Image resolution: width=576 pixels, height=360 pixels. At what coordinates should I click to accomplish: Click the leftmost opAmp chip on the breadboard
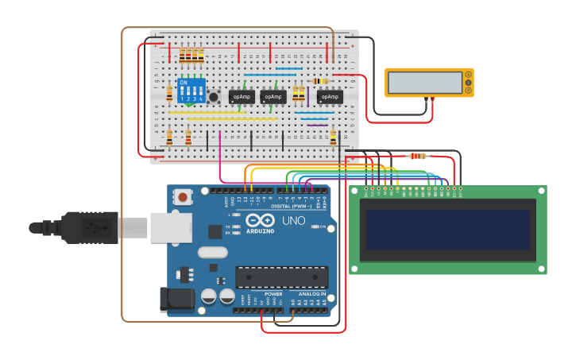tap(242, 96)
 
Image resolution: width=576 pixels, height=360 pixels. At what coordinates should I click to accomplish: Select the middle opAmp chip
tap(273, 96)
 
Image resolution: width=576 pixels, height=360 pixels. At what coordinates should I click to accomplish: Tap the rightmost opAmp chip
tap(330, 96)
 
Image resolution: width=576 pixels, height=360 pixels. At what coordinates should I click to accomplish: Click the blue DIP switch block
tap(191, 91)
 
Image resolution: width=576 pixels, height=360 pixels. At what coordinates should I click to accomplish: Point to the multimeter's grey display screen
tap(424, 83)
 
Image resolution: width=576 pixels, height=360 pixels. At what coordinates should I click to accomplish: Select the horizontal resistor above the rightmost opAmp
tap(320, 81)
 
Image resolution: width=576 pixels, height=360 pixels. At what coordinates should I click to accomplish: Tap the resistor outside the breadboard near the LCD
tap(418, 156)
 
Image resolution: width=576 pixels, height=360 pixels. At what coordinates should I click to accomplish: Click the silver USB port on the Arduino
tap(171, 227)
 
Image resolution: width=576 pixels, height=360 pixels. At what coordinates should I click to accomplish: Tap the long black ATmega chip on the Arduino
tap(281, 277)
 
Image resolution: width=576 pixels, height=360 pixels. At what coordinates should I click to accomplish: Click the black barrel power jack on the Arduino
tap(176, 299)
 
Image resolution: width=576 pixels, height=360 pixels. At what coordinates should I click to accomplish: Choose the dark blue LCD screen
tap(448, 230)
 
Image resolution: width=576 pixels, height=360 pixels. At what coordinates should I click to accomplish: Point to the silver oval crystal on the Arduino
tap(213, 253)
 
